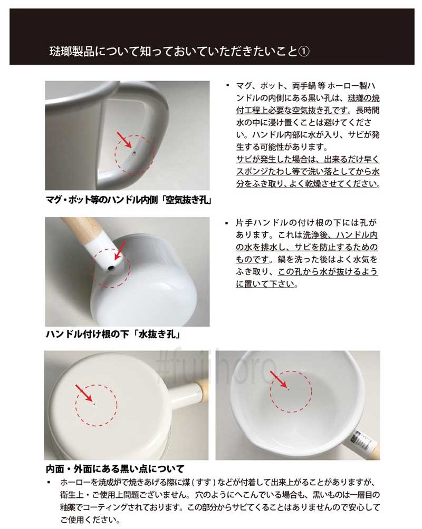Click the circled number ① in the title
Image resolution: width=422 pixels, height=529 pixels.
pos(303,52)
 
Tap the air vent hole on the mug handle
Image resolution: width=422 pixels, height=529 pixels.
pos(134,153)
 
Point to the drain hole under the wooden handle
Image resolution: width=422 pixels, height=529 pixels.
pos(110,269)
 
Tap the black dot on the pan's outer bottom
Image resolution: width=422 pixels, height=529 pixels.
pos(94,404)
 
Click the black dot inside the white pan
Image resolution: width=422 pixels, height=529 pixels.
pos(288,389)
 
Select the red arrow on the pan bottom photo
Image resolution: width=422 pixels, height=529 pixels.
pos(84,394)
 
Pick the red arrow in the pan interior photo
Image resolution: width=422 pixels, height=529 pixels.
pos(279,379)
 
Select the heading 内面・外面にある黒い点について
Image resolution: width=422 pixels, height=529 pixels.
pos(115,469)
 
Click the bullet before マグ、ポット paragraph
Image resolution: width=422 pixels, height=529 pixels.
pos(228,85)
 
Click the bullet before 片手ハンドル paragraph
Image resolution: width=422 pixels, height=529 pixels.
pos(226,223)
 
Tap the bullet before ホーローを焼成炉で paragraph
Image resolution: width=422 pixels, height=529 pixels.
pos(49,483)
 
